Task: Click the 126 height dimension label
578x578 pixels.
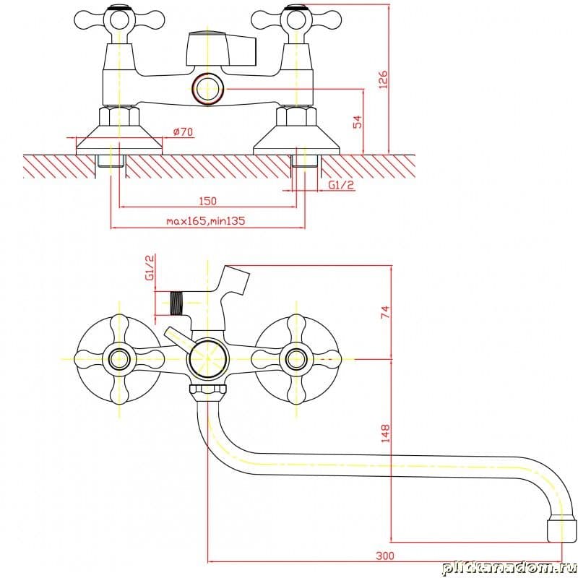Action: [384, 79]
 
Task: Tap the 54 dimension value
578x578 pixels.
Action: [357, 121]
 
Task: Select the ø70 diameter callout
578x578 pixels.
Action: [184, 131]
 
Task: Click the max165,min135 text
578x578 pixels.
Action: [205, 221]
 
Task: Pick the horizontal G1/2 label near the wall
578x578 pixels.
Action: [342, 185]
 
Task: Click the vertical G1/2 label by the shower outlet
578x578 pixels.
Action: [150, 267]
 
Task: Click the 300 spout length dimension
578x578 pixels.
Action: [385, 555]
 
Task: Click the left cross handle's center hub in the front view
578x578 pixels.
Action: [118, 358]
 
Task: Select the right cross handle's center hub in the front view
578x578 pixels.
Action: [296, 358]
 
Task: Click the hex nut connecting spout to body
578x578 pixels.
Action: [207, 393]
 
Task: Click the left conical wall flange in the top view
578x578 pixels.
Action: [119, 137]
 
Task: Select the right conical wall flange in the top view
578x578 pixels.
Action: [296, 137]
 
